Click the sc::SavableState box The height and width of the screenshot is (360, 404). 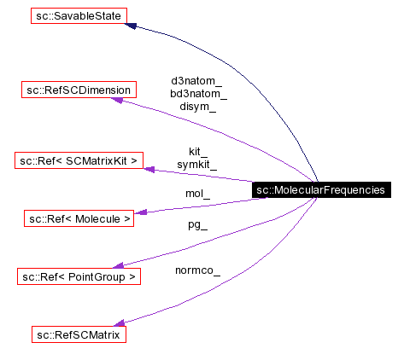[79, 15]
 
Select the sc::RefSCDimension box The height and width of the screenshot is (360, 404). [79, 90]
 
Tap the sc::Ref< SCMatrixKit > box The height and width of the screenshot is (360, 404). [79, 160]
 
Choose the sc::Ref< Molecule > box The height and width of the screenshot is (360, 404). [79, 219]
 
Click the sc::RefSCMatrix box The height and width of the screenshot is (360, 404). [79, 334]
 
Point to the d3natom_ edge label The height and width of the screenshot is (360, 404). [196, 81]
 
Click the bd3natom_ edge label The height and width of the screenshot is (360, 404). [198, 94]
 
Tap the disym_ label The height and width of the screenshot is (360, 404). [197, 107]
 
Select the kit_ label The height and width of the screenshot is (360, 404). [197, 150]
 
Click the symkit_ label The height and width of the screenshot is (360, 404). [197, 163]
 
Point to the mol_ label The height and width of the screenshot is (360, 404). [197, 194]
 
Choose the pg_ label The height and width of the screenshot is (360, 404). [197, 225]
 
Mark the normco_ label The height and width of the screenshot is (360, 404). [197, 271]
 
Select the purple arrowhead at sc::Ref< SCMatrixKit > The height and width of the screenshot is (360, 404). [149, 169]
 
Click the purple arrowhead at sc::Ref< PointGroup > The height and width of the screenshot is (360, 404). [120, 266]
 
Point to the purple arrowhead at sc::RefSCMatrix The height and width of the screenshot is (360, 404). [120, 323]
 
